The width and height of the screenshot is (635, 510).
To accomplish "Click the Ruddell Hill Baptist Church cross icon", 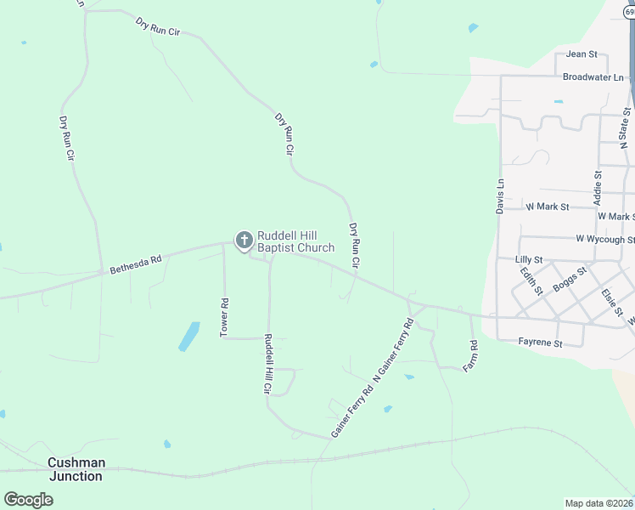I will pyautogui.click(x=244, y=241).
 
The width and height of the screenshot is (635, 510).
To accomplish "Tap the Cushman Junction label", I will pyautogui.click(x=76, y=469).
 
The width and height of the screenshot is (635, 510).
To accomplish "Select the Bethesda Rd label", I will pyautogui.click(x=136, y=263).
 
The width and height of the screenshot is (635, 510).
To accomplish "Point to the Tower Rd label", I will pyautogui.click(x=225, y=317).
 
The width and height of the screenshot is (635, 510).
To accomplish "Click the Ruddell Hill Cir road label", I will pyautogui.click(x=267, y=364).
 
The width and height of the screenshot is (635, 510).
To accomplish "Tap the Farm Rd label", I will pyautogui.click(x=474, y=355).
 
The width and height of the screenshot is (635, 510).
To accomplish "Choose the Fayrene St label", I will pyautogui.click(x=541, y=343).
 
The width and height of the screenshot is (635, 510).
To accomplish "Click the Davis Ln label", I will pyautogui.click(x=501, y=195).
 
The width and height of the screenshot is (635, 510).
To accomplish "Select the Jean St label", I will pyautogui.click(x=582, y=54).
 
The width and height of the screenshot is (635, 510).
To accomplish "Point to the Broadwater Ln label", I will pyautogui.click(x=593, y=77).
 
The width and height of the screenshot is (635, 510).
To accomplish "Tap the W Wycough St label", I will pyautogui.click(x=604, y=240).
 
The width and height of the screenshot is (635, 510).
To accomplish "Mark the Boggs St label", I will pyautogui.click(x=570, y=280).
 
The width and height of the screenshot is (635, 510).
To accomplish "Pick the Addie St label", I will pyautogui.click(x=598, y=188).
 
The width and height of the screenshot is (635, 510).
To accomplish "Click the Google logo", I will pyautogui.click(x=28, y=500).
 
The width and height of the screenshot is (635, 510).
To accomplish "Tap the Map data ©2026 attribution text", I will pyautogui.click(x=598, y=503).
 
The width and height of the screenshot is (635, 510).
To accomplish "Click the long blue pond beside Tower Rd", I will pyautogui.click(x=188, y=337).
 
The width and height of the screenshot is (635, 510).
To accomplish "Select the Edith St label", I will pyautogui.click(x=532, y=281).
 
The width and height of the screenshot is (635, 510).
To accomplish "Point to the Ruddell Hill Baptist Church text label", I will pyautogui.click(x=296, y=241).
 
